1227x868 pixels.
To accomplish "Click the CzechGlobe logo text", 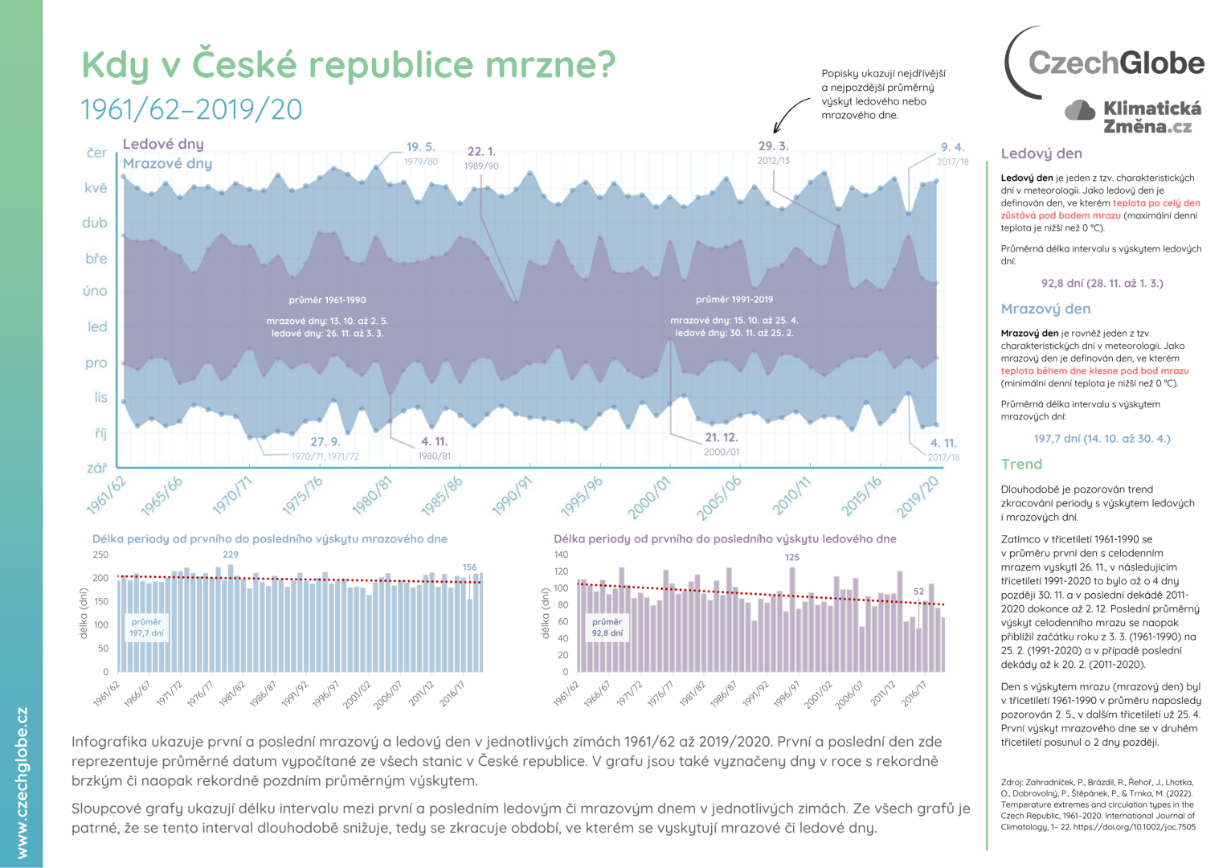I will pyautogui.click(x=1116, y=63).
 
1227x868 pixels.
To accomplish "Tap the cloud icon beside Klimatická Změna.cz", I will pyautogui.click(x=1079, y=110).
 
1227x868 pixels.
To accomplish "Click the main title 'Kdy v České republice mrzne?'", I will pyautogui.click(x=348, y=64).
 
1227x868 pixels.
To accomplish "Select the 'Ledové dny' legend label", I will pyautogui.click(x=163, y=144).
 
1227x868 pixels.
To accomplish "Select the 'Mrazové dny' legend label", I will pyautogui.click(x=167, y=163).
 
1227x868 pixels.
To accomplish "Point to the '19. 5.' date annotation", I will pyautogui.click(x=420, y=147).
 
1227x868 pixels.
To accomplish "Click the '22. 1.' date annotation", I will pyautogui.click(x=481, y=151).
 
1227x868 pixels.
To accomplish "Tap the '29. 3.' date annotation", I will pyautogui.click(x=773, y=146).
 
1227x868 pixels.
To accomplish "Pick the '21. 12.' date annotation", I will pyautogui.click(x=721, y=437).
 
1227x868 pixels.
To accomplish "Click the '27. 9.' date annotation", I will pyautogui.click(x=325, y=441).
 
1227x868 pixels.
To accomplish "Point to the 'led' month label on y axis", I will pyautogui.click(x=97, y=326).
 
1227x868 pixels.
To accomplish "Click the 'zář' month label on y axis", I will pyautogui.click(x=96, y=467).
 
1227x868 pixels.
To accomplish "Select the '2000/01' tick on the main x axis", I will pyautogui.click(x=649, y=497).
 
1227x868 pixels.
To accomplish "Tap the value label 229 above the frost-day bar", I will pyautogui.click(x=231, y=555).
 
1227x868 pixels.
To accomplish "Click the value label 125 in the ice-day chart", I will pyautogui.click(x=792, y=557).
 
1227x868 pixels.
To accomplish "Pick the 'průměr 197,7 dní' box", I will pyautogui.click(x=146, y=627).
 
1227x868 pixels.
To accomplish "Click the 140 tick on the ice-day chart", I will pyautogui.click(x=561, y=555).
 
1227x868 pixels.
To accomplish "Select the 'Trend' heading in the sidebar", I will pyautogui.click(x=1021, y=464).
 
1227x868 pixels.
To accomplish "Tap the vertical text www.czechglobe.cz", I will pyautogui.click(x=22, y=782).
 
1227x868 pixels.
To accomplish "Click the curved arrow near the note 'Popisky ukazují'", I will pyautogui.click(x=790, y=115).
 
